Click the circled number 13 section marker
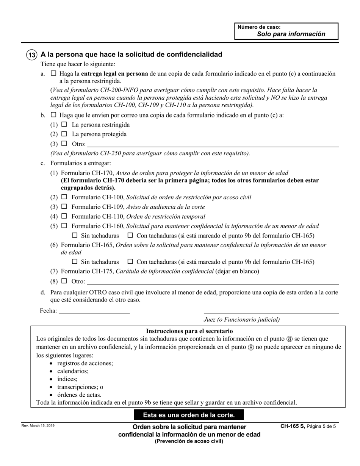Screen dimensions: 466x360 [32, 55]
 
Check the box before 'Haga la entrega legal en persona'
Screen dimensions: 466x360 [53, 73]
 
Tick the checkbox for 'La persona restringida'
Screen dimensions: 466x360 [64, 124]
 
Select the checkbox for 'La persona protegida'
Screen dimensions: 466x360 [64, 134]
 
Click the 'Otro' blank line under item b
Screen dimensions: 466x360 [213, 144]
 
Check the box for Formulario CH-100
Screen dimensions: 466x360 [64, 197]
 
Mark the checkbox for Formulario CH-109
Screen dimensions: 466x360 [64, 207]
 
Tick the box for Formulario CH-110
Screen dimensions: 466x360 [64, 216]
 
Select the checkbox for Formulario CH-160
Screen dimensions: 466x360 [64, 226]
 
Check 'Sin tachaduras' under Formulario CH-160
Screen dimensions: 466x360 [75, 236]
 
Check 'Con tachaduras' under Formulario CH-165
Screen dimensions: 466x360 [130, 261]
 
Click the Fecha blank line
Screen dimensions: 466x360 [94, 311]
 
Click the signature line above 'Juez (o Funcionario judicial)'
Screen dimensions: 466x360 [271, 313]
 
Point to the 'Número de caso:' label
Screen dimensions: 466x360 [259, 27]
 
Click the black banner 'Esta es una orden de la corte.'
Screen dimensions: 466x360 [189, 415]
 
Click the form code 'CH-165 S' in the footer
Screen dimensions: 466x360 [293, 426]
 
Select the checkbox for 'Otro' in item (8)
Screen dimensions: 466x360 [64, 281]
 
